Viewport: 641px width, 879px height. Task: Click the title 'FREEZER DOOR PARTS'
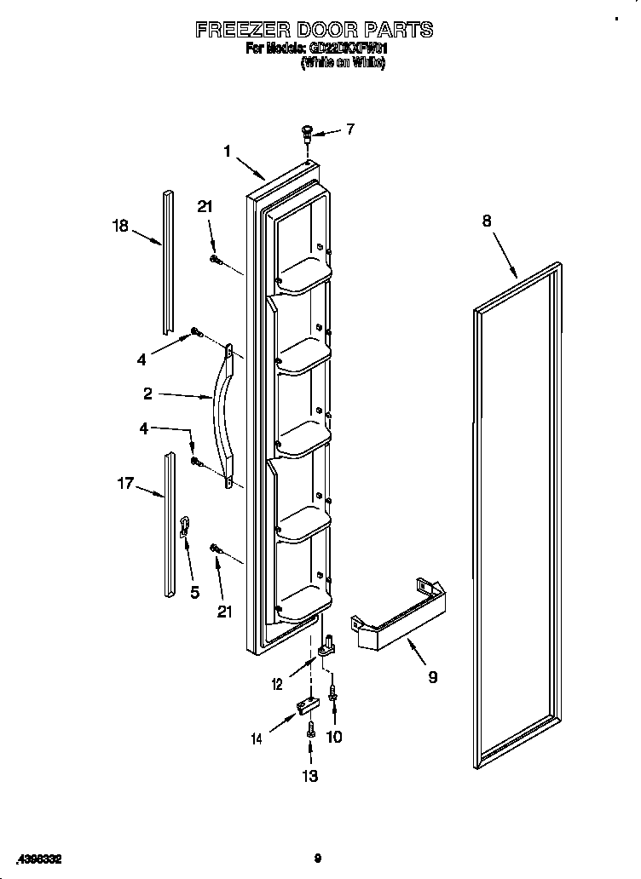(x=314, y=31)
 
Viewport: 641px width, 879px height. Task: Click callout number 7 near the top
(x=349, y=129)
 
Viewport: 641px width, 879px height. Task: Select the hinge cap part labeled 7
(x=308, y=132)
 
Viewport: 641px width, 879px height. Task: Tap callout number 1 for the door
(x=228, y=151)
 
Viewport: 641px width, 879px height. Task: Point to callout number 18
(x=120, y=226)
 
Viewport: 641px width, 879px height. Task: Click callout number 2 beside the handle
(x=148, y=394)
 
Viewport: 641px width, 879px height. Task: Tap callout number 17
(x=125, y=483)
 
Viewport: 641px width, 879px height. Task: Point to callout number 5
(x=194, y=592)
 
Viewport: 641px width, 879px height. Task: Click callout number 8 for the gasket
(x=487, y=221)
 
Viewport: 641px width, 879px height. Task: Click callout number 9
(x=432, y=678)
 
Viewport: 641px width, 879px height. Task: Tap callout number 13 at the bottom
(x=309, y=776)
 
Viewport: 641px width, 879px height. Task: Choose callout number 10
(x=334, y=737)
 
